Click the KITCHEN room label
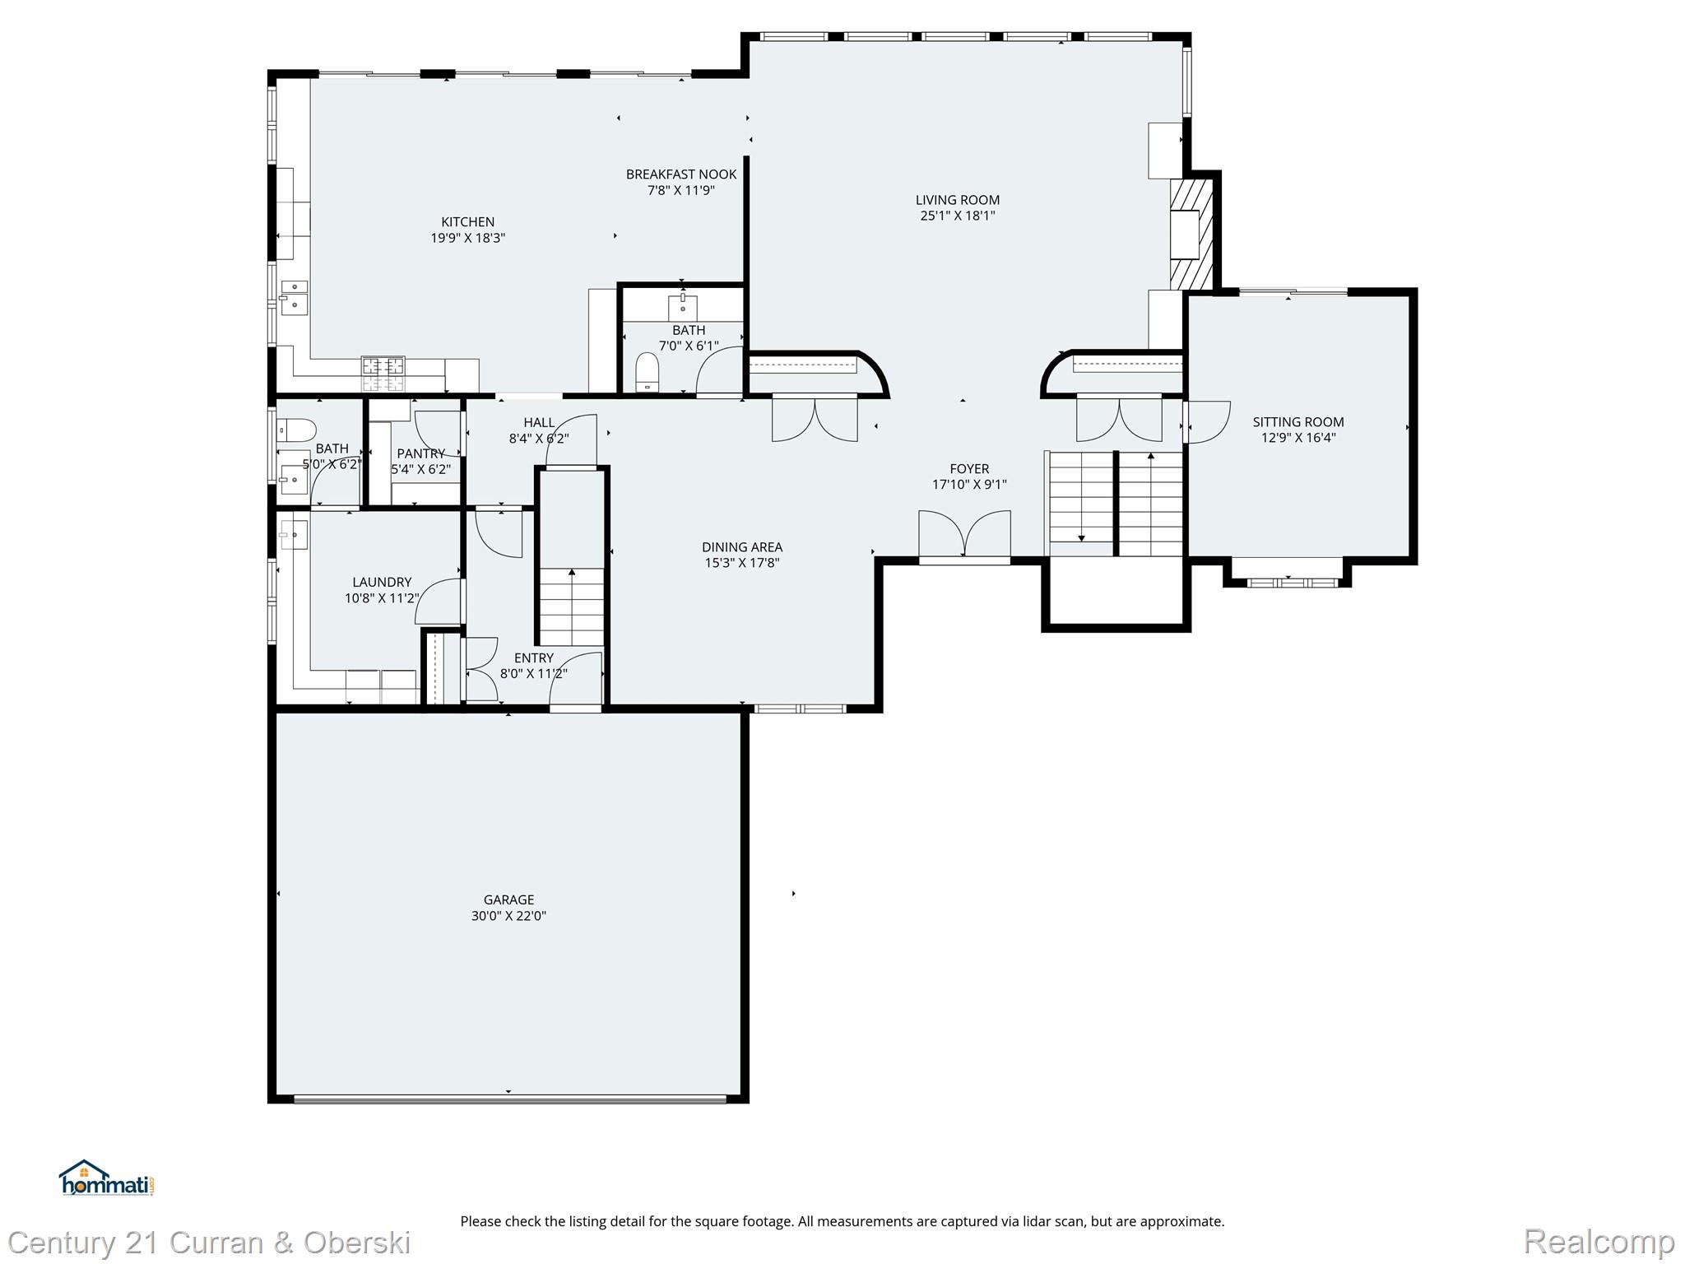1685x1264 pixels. (468, 222)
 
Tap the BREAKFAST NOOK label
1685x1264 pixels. (681, 174)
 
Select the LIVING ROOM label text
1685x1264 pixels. (958, 200)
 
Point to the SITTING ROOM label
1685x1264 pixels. (1298, 422)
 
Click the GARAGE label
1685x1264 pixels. (508, 900)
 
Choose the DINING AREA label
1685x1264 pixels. (742, 547)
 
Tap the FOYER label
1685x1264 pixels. (969, 469)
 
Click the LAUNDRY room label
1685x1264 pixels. (382, 582)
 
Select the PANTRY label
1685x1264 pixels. (420, 453)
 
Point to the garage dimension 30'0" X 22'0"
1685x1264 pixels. (508, 916)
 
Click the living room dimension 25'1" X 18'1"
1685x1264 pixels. (958, 216)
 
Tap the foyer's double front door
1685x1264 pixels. (964, 536)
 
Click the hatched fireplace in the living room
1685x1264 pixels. (1191, 235)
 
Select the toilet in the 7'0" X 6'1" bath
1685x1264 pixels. (648, 372)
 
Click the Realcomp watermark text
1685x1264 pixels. (1599, 1243)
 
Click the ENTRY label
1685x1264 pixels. (534, 658)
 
